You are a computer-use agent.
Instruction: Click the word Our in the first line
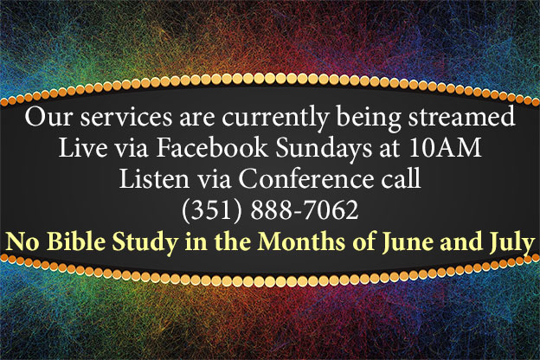[x=48, y=117]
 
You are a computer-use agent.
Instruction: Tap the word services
[x=126, y=117]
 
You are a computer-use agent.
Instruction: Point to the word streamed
[x=461, y=117]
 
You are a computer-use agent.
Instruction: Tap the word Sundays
[x=324, y=149]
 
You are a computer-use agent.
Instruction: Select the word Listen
[x=154, y=178]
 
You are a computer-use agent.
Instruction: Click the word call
[x=401, y=178]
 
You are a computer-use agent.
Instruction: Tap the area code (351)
[x=212, y=210]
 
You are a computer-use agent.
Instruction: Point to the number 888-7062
[x=305, y=209]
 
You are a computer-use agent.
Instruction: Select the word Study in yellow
[x=145, y=242]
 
